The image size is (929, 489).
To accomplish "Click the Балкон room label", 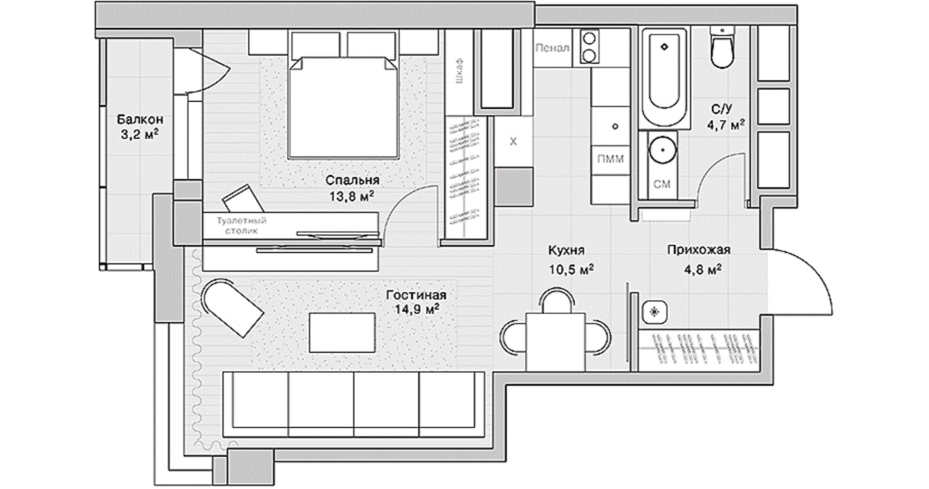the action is click(x=140, y=119).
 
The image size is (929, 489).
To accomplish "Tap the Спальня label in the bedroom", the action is click(x=352, y=181).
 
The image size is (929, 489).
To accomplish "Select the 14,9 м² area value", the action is click(x=416, y=309).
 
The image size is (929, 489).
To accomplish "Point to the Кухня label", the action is click(x=566, y=250).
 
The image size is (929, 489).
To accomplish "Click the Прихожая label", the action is click(x=698, y=249).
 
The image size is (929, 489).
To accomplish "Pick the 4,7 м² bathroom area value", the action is click(x=726, y=125).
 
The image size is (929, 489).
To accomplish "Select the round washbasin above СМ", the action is click(x=662, y=150).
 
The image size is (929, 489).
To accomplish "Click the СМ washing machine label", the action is click(x=662, y=184).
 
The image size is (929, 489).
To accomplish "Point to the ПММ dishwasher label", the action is click(x=610, y=159).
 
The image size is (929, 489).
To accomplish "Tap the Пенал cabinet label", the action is click(x=552, y=48).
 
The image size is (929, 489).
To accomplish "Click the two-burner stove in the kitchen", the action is click(x=590, y=47).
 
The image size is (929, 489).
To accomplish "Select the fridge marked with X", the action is click(x=513, y=142).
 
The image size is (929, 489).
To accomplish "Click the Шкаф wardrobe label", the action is click(x=459, y=71).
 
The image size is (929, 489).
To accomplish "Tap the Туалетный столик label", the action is click(x=242, y=226).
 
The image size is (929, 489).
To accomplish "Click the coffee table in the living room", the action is click(x=342, y=333).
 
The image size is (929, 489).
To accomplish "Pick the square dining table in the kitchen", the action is click(x=555, y=342).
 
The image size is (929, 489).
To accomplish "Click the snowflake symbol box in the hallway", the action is click(x=655, y=312).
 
